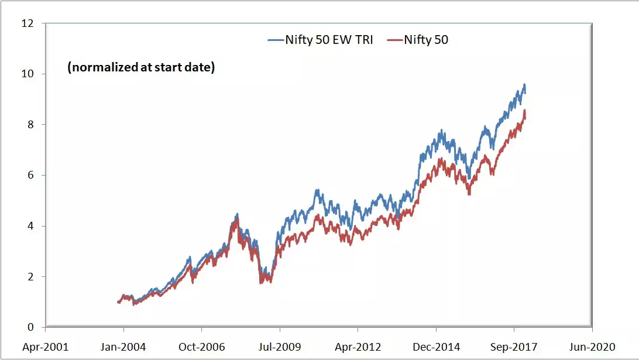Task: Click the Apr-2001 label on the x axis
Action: pyautogui.click(x=45, y=347)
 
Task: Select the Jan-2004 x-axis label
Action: pyautogui.click(x=123, y=347)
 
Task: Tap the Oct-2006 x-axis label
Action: pyautogui.click(x=202, y=347)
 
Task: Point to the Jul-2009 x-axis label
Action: pyautogui.click(x=280, y=347)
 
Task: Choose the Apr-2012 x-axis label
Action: pyautogui.click(x=358, y=347)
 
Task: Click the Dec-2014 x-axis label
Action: pyautogui.click(x=436, y=347)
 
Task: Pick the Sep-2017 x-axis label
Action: pyautogui.click(x=514, y=347)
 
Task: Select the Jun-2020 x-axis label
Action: pyautogui.click(x=592, y=347)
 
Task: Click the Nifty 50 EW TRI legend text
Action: pyautogui.click(x=329, y=40)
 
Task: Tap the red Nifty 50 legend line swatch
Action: pyautogui.click(x=396, y=40)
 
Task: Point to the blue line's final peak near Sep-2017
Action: pyautogui.click(x=524, y=84)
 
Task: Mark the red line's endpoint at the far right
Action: pyautogui.click(x=525, y=118)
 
